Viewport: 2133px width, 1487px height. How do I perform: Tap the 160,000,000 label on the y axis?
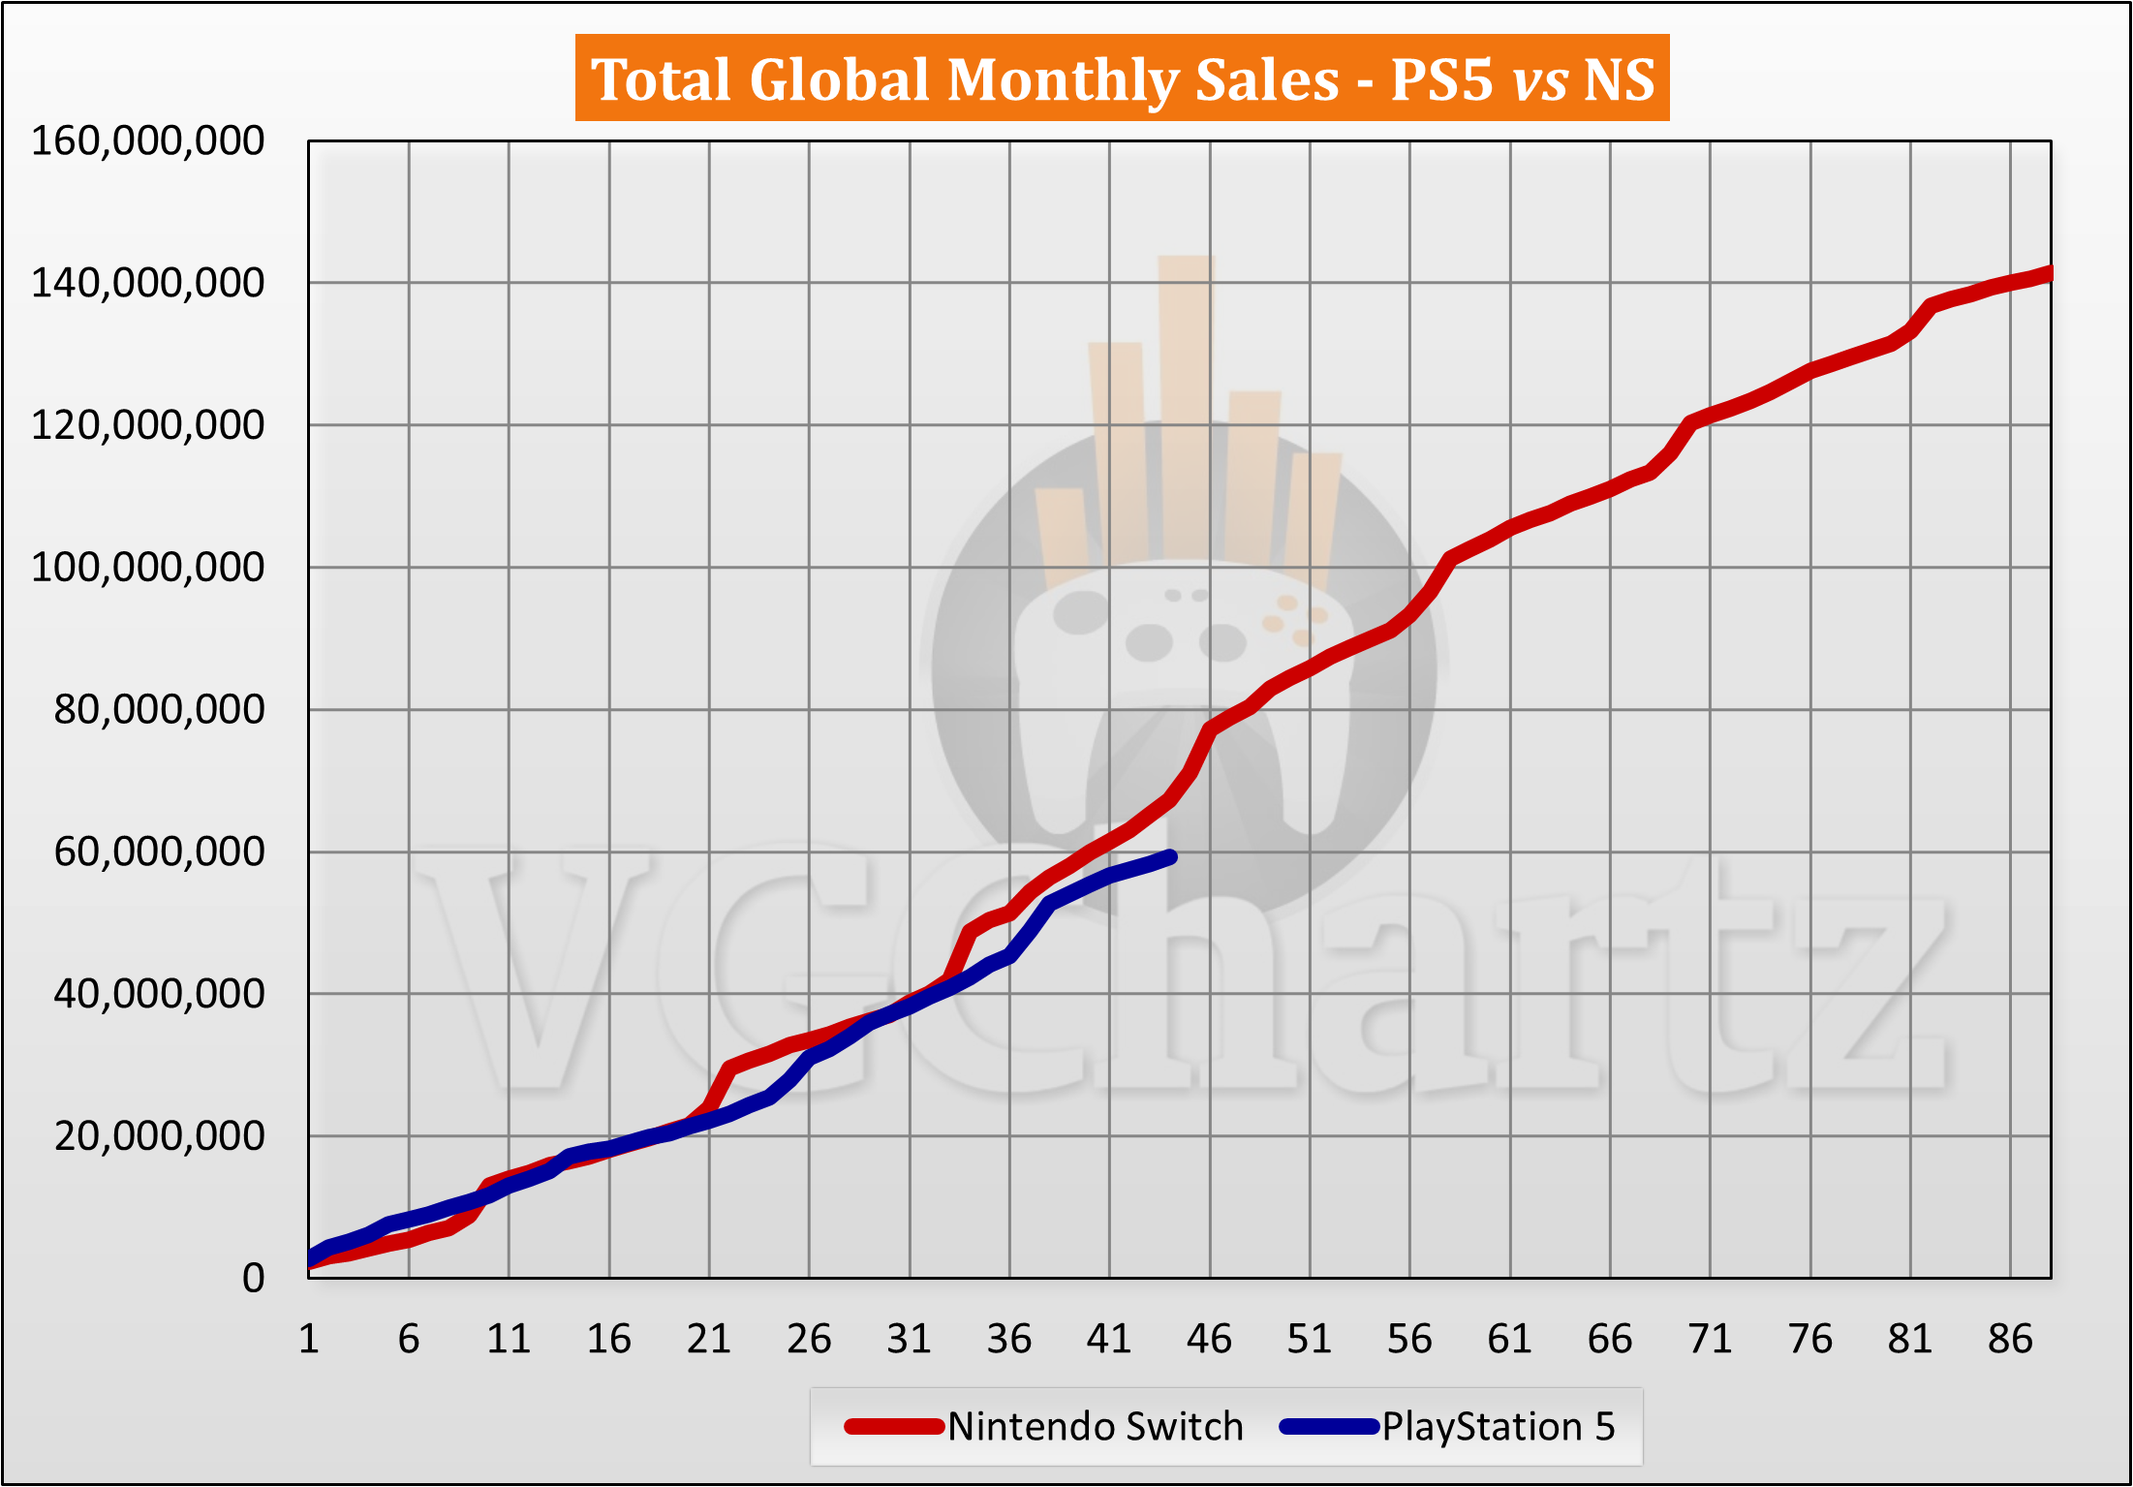tap(147, 141)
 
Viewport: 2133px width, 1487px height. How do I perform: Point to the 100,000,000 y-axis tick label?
tap(147, 568)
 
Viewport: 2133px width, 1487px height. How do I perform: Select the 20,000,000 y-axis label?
tap(159, 1136)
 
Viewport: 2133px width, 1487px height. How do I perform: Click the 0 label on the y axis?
tap(253, 1279)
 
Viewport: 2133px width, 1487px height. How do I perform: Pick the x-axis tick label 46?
tap(1209, 1340)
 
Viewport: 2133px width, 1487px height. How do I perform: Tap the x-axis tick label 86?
tap(2010, 1340)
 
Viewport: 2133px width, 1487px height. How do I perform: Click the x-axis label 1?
tap(309, 1340)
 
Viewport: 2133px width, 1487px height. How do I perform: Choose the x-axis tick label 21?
tap(708, 1340)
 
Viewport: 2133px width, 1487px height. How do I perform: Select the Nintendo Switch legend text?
tap(1095, 1427)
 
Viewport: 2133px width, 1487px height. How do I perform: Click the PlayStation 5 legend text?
tap(1498, 1427)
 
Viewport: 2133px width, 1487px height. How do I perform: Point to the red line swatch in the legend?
tap(893, 1427)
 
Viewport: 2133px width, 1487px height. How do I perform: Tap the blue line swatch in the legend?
tap(1328, 1427)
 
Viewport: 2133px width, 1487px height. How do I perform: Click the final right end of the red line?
tap(2048, 274)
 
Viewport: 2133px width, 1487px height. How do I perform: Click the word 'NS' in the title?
tap(1619, 79)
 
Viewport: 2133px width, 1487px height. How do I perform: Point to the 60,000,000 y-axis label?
tap(159, 852)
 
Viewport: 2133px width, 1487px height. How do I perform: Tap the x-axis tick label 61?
tap(1509, 1340)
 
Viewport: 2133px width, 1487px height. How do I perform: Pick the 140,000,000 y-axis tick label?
tap(147, 284)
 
